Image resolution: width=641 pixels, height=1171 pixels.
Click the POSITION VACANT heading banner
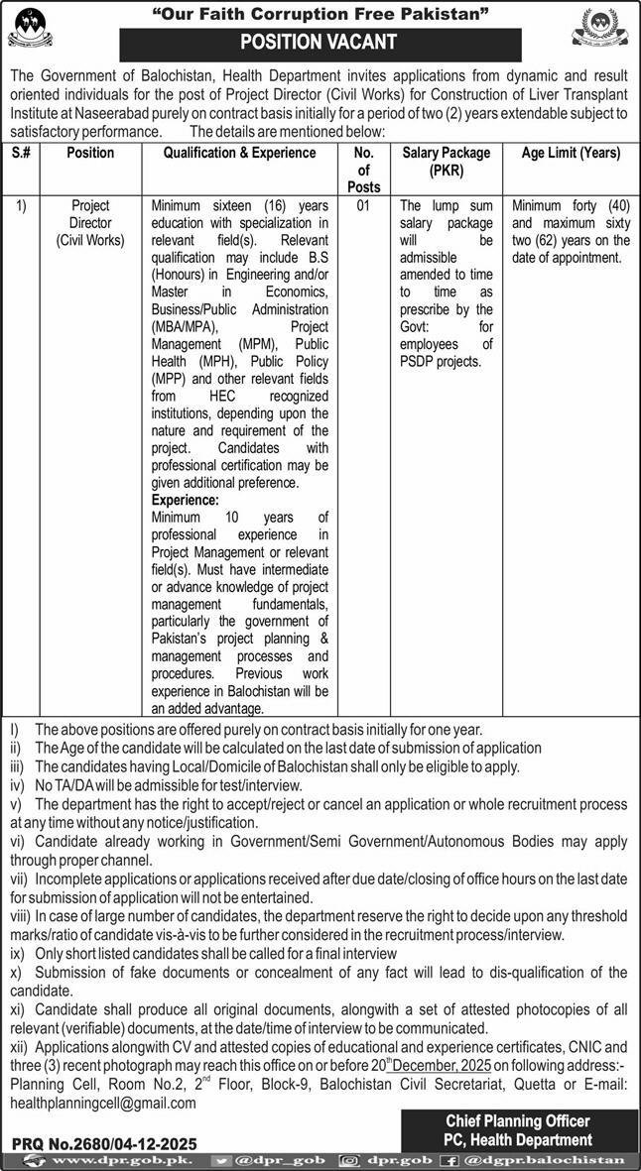(320, 43)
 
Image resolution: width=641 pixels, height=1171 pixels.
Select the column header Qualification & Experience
(240, 154)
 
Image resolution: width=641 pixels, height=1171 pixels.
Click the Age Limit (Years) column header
(571, 154)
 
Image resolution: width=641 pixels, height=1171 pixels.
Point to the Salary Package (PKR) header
(446, 162)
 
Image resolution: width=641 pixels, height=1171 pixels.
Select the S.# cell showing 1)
(22, 206)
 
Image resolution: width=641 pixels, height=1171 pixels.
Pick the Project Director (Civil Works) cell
(90, 223)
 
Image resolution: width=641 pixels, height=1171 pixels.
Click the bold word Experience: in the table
(186, 501)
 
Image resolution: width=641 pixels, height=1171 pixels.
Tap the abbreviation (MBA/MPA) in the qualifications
(186, 324)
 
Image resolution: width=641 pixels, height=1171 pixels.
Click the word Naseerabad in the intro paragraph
(115, 114)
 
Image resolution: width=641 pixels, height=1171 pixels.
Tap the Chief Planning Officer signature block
(518, 1129)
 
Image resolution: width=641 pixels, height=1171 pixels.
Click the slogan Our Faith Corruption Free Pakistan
(320, 13)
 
